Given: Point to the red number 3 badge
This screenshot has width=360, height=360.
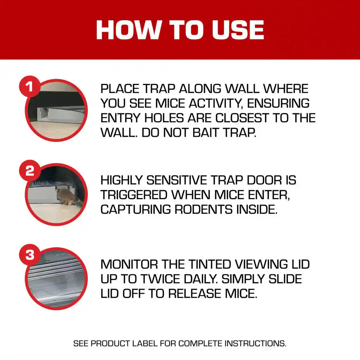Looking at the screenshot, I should coord(30,255).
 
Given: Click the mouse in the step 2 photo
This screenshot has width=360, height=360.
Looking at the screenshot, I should coord(66,197).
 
